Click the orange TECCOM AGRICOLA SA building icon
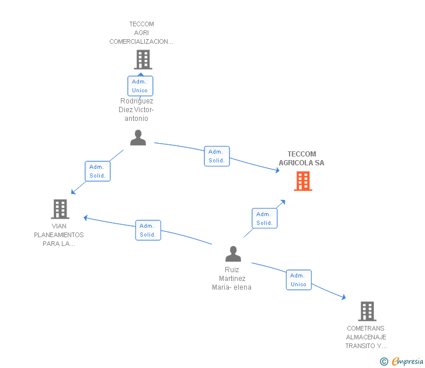click(303, 181)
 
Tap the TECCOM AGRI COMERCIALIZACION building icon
click(143, 60)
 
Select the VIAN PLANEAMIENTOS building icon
click(60, 209)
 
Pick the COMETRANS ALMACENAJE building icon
click(367, 311)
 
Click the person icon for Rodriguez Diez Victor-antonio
click(138, 137)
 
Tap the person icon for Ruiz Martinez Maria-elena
click(233, 254)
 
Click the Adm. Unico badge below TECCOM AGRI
click(140, 86)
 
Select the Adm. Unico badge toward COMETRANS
click(299, 280)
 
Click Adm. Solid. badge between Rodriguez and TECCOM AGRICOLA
click(217, 156)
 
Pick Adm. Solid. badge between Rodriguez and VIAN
click(97, 171)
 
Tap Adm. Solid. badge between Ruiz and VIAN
click(148, 230)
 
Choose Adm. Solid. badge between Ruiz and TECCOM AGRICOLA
click(264, 218)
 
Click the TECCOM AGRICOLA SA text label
click(301, 158)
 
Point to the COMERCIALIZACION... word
click(141, 41)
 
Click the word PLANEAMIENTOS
click(59, 235)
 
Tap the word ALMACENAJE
click(366, 337)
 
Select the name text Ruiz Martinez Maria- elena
click(232, 279)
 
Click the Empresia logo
click(402, 361)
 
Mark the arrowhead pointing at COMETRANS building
click(344, 297)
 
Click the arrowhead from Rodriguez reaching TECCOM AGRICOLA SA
click(277, 171)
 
